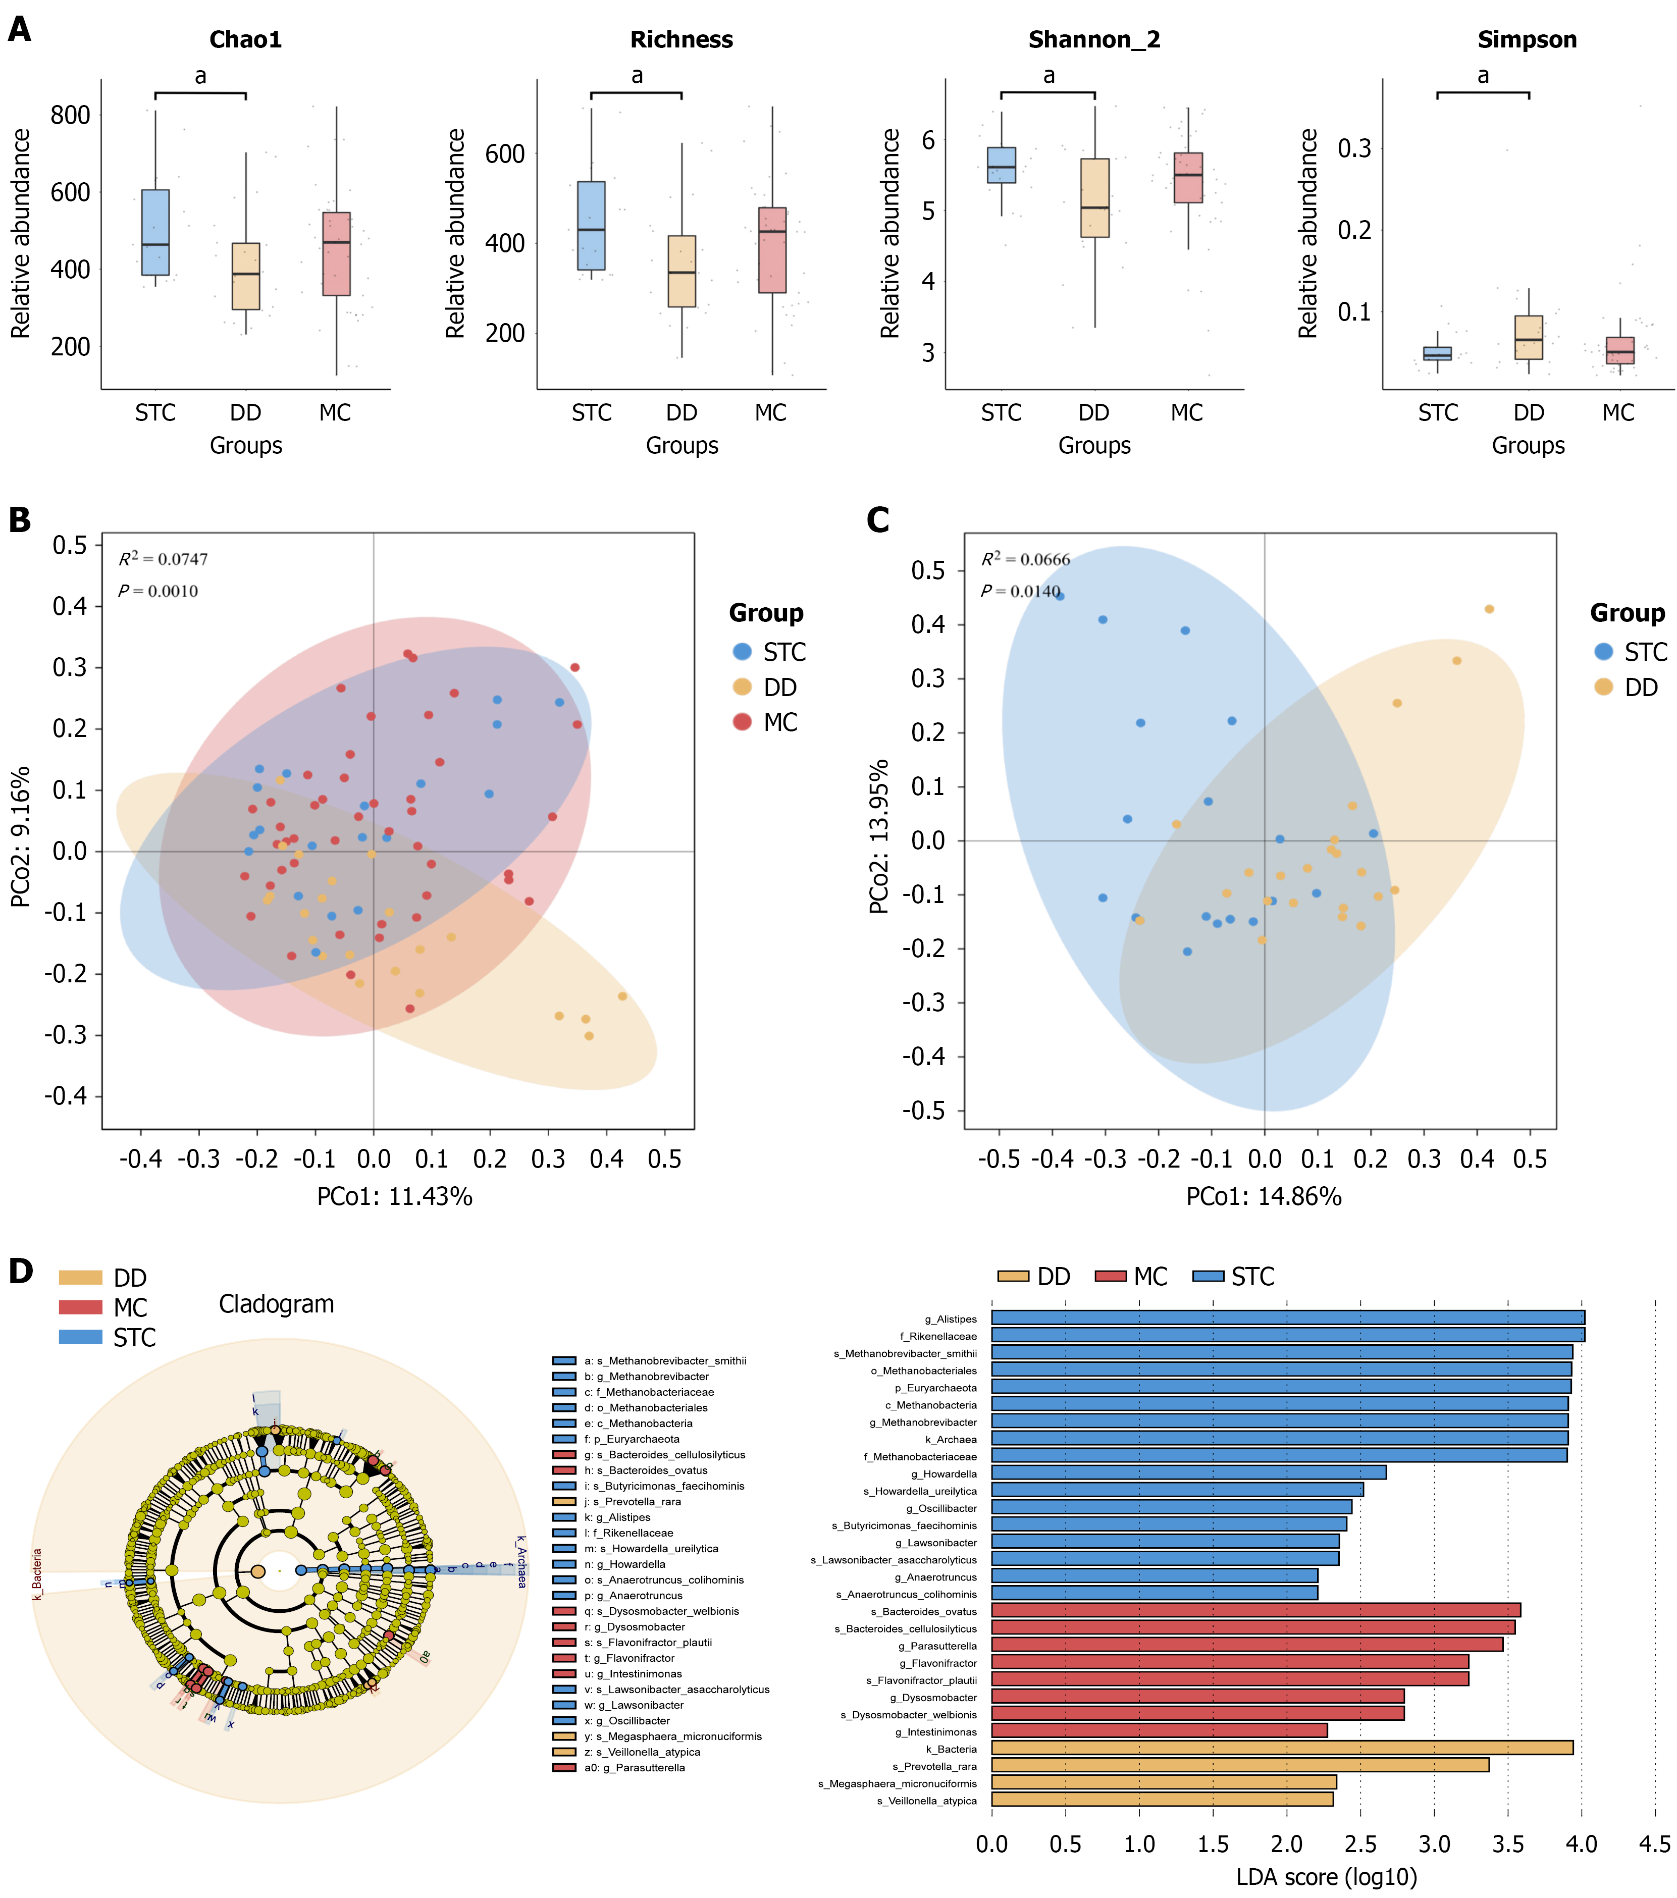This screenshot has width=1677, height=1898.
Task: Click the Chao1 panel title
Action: click(x=245, y=40)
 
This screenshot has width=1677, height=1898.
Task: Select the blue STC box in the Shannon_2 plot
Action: click(x=1001, y=165)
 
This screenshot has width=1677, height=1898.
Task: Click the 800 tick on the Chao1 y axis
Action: click(x=71, y=116)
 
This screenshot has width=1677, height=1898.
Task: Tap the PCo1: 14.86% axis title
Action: click(x=1263, y=1196)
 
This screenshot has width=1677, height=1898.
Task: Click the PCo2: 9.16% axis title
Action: click(x=20, y=836)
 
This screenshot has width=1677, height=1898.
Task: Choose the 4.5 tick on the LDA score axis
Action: click(x=1654, y=1844)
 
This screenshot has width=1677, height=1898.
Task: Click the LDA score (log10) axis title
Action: click(x=1326, y=1877)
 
